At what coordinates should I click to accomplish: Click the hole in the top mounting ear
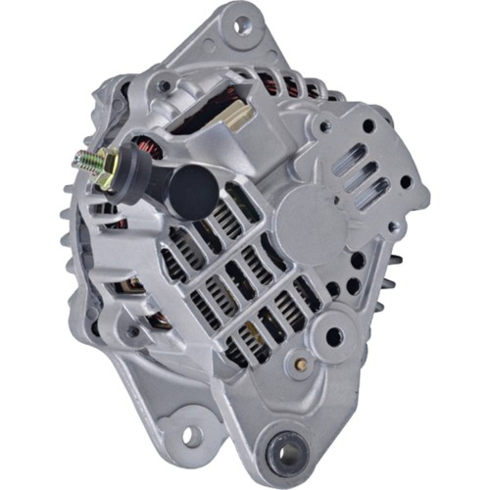tap(239, 19)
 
